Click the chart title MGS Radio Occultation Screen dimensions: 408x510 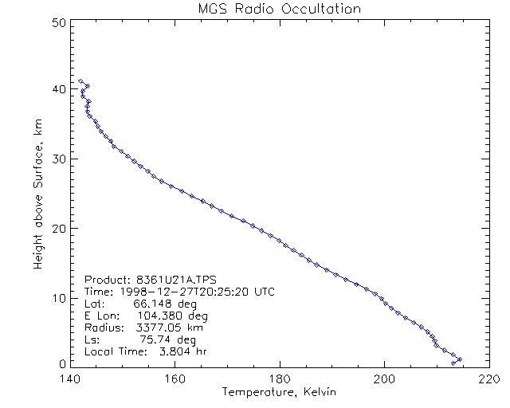(279, 9)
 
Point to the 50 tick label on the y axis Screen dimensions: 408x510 (57, 22)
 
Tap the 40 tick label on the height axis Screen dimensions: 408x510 (57, 89)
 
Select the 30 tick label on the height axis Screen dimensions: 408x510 (57, 159)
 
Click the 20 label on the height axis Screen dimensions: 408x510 (57, 228)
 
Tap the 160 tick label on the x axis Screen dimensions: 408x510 (175, 379)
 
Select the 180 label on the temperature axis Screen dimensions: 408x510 (279, 379)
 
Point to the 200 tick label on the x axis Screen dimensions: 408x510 (384, 379)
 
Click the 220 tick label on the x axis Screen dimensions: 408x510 (488, 379)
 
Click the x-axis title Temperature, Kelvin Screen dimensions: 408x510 (279, 393)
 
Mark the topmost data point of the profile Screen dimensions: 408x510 (81, 81)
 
